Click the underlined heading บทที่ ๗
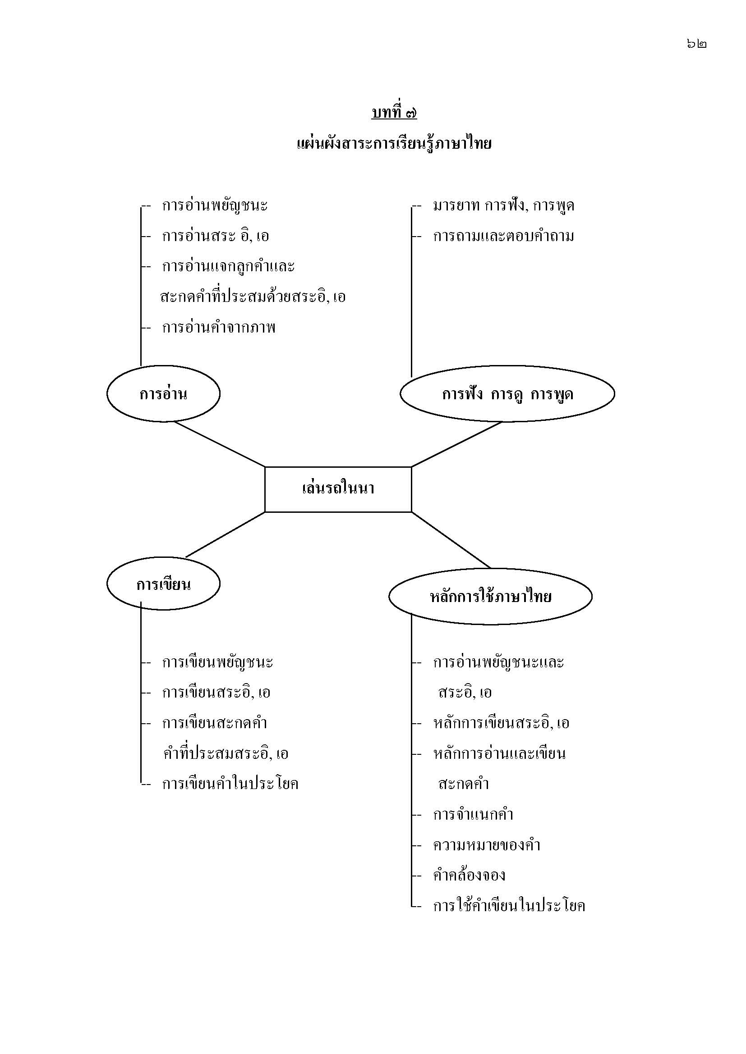pos(394,112)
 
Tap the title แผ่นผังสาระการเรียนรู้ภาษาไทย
pos(394,144)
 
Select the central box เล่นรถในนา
pos(338,488)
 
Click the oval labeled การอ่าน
pos(164,394)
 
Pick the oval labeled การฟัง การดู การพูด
pos(507,394)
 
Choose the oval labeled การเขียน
pos(164,584)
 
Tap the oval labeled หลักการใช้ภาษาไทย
pos(490,597)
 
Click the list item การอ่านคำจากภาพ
pos(219,328)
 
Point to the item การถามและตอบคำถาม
pos(503,237)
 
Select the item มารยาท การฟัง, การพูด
pos(503,205)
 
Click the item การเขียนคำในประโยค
pos(230,784)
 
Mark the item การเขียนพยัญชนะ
pos(218,662)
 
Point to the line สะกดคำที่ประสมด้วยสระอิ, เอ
pos(253,297)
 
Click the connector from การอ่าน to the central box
pos(220,444)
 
